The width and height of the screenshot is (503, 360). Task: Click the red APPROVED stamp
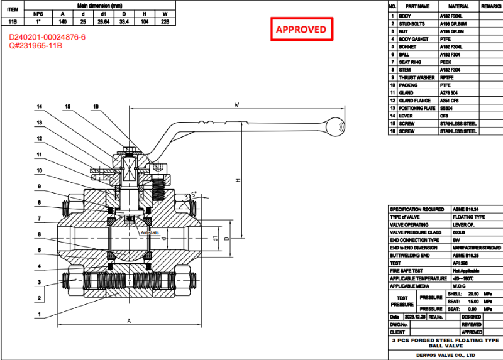[301, 30]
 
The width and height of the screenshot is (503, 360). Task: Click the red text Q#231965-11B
[36, 46]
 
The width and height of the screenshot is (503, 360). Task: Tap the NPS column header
[38, 13]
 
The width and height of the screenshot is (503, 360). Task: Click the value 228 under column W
[165, 21]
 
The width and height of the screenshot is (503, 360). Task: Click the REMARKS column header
[491, 6]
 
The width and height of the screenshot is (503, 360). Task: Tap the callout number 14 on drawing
[39, 107]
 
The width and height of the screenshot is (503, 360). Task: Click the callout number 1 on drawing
[39, 314]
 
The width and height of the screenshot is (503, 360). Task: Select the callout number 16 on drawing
[96, 107]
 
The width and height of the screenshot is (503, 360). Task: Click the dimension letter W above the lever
[236, 104]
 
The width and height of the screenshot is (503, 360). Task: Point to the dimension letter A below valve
[129, 320]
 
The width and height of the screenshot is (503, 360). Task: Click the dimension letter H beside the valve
[238, 181]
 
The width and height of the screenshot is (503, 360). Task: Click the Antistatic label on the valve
[150, 232]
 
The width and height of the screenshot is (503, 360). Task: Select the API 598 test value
[460, 263]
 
